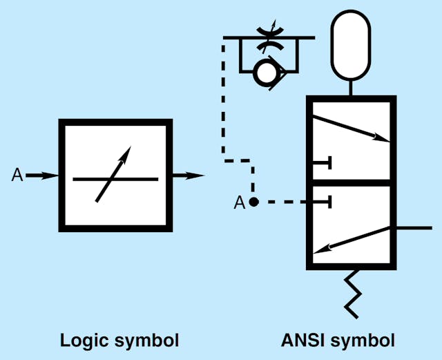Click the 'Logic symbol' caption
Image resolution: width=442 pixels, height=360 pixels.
click(119, 341)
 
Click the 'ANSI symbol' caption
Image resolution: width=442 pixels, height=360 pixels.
click(338, 341)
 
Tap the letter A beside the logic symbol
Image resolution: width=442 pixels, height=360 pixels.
click(17, 176)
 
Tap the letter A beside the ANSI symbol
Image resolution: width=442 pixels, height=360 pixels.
click(239, 202)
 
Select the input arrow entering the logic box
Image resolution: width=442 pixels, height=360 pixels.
click(43, 176)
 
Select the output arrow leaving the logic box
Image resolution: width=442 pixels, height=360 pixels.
click(188, 176)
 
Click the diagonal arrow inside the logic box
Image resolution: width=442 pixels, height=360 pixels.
click(113, 174)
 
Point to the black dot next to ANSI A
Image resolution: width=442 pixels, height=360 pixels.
click(253, 202)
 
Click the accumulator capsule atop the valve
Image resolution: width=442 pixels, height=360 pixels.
click(352, 45)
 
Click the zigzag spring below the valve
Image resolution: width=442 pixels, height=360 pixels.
click(352, 294)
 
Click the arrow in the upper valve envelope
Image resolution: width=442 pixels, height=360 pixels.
click(349, 128)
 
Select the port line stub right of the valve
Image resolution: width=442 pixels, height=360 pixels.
click(414, 227)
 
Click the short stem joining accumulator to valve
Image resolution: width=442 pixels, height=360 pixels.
click(352, 88)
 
